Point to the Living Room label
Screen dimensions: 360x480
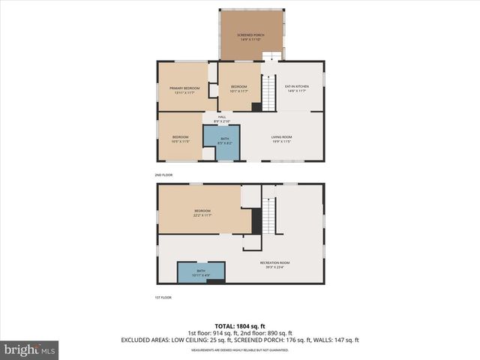click(282, 139)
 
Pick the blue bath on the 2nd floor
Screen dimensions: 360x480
click(221, 141)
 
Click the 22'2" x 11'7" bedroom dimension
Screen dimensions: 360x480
click(203, 215)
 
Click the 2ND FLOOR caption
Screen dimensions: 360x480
click(163, 174)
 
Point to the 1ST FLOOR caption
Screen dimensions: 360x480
click(163, 298)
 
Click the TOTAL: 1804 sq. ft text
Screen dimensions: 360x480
click(240, 325)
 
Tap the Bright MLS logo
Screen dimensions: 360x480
click(30, 349)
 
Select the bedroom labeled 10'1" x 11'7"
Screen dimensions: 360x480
click(239, 89)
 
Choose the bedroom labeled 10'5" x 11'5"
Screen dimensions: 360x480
click(181, 139)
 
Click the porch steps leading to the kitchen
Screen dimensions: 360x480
click(271, 55)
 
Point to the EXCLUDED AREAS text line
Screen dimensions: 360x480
click(240, 340)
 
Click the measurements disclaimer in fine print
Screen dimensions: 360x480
click(240, 349)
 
